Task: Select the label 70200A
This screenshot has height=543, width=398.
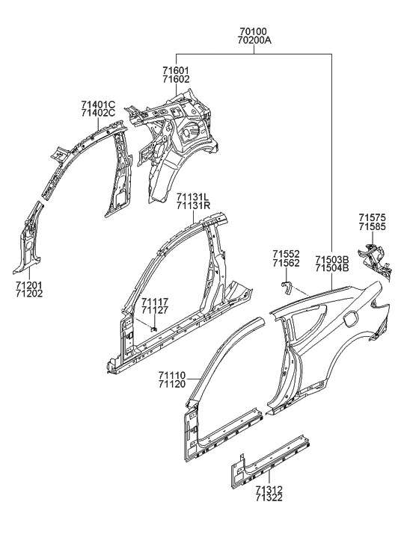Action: [255, 42]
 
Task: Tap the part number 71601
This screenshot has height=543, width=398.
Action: [177, 69]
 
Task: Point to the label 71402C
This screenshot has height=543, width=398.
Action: [99, 113]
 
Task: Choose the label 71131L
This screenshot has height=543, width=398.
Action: [193, 196]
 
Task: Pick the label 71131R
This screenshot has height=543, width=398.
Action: [193, 206]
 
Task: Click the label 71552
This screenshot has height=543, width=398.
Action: [286, 254]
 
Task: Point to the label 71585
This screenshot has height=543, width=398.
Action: [372, 226]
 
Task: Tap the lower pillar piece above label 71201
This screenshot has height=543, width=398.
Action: [27, 239]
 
